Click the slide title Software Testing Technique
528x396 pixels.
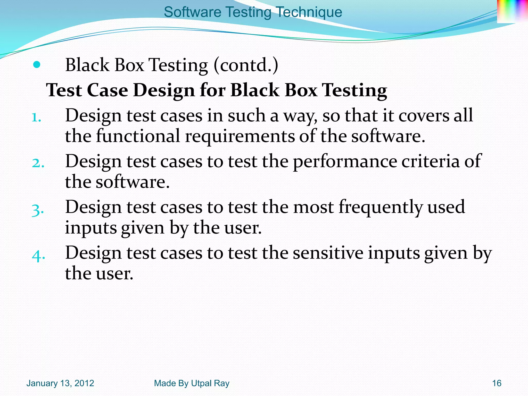point(253,12)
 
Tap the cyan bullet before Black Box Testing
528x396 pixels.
point(37,65)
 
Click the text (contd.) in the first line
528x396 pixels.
point(246,65)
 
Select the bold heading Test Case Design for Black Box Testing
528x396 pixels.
point(216,90)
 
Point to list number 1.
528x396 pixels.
point(36,118)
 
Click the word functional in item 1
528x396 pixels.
point(138,136)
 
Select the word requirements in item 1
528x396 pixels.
point(239,136)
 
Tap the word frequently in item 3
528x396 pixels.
point(380,207)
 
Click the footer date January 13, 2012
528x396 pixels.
point(60,383)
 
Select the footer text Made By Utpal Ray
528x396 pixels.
point(192,383)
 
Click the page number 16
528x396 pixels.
point(497,383)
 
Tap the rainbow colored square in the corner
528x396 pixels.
point(512,11)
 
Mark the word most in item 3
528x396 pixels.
point(313,207)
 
